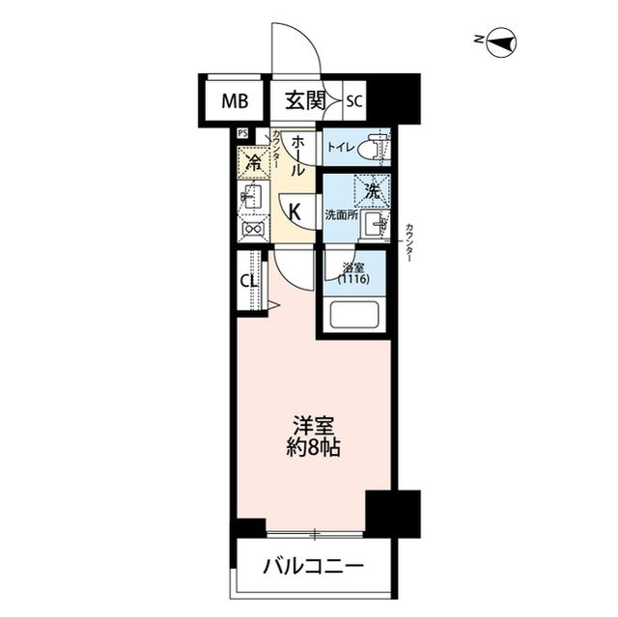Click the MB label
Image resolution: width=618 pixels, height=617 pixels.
tap(234, 99)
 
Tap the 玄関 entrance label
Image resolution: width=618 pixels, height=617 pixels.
tap(303, 99)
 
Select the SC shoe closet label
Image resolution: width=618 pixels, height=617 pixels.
tap(354, 100)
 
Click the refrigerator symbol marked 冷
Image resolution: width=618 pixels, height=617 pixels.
tap(254, 162)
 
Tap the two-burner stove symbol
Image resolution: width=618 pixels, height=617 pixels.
tap(253, 229)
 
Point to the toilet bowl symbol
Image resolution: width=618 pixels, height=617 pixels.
tap(374, 149)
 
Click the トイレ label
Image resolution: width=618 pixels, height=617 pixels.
tap(339, 149)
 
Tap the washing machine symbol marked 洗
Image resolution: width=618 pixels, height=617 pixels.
tap(370, 189)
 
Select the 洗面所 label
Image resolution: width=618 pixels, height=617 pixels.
tap(341, 214)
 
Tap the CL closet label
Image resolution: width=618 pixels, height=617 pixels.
tap(247, 282)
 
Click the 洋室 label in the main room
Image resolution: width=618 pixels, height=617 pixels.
tap(312, 426)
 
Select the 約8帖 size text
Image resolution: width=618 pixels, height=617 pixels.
tap(312, 448)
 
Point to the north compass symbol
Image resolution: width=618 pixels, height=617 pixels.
tap(503, 41)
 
